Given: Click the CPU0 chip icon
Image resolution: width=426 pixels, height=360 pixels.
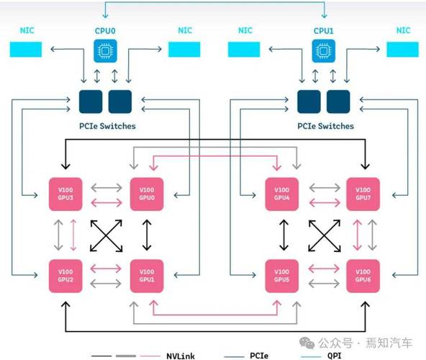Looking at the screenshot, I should [106, 50].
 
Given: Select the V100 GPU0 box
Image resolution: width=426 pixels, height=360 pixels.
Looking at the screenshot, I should [146, 193].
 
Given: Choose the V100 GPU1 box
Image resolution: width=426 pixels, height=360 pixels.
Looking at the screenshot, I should [146, 274].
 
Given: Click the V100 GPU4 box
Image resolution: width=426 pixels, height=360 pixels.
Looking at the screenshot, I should [281, 193].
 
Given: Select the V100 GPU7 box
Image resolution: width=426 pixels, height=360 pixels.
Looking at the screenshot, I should [364, 193].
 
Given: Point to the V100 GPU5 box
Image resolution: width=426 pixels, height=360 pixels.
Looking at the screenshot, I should [281, 274].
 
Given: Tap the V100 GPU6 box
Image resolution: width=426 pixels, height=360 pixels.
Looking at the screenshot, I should [364, 274].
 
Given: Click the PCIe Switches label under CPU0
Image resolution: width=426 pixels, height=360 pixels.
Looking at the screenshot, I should [106, 125].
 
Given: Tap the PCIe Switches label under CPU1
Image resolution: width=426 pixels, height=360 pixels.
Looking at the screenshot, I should [325, 125].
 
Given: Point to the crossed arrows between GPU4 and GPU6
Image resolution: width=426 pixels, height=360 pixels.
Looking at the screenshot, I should [323, 234].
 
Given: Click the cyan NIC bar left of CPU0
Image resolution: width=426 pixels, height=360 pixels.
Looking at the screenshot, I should [27, 50].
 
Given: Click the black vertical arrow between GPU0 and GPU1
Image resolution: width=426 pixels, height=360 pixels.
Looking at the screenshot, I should [147, 234].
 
